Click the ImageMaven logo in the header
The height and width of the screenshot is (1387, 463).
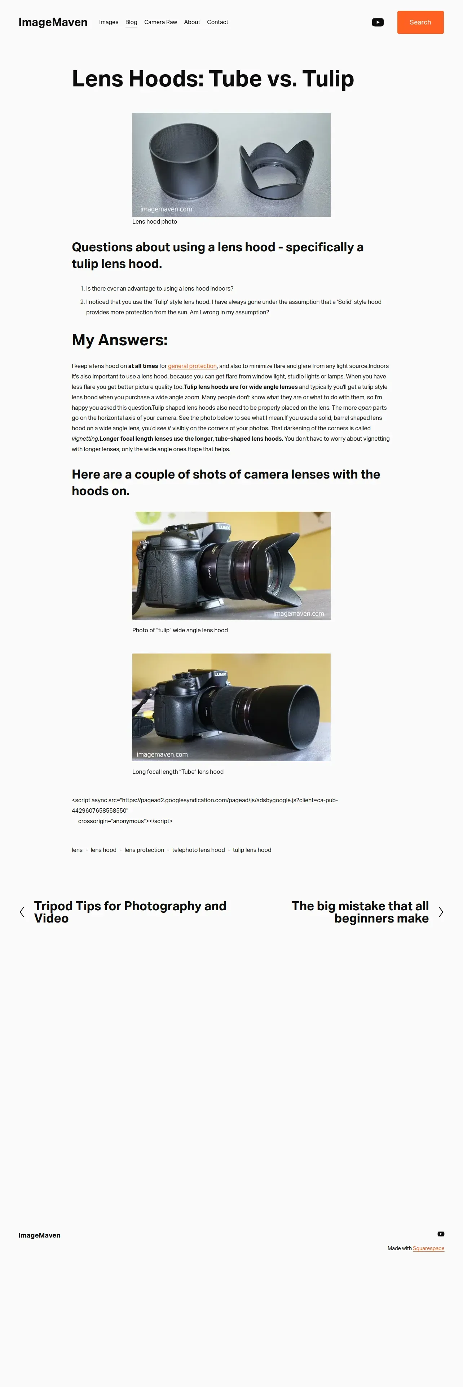(53, 22)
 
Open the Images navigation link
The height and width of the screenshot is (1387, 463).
(108, 22)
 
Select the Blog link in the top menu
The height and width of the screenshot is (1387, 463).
(131, 22)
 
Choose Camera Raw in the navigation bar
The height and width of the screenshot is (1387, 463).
(160, 22)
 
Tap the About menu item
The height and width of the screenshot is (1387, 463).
(192, 22)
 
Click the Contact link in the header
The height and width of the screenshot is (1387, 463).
(217, 22)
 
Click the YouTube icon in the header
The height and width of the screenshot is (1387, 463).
(378, 22)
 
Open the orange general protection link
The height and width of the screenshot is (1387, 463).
(193, 366)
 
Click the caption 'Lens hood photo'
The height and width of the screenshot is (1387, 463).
(155, 222)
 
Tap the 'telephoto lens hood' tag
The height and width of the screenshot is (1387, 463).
(198, 850)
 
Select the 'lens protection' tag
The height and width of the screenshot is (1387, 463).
(145, 850)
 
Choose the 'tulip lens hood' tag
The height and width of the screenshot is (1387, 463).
(252, 850)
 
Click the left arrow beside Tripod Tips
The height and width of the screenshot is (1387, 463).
(22, 912)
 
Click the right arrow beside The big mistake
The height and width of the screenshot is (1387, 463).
(441, 912)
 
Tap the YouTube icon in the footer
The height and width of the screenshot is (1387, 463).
(441, 1234)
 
